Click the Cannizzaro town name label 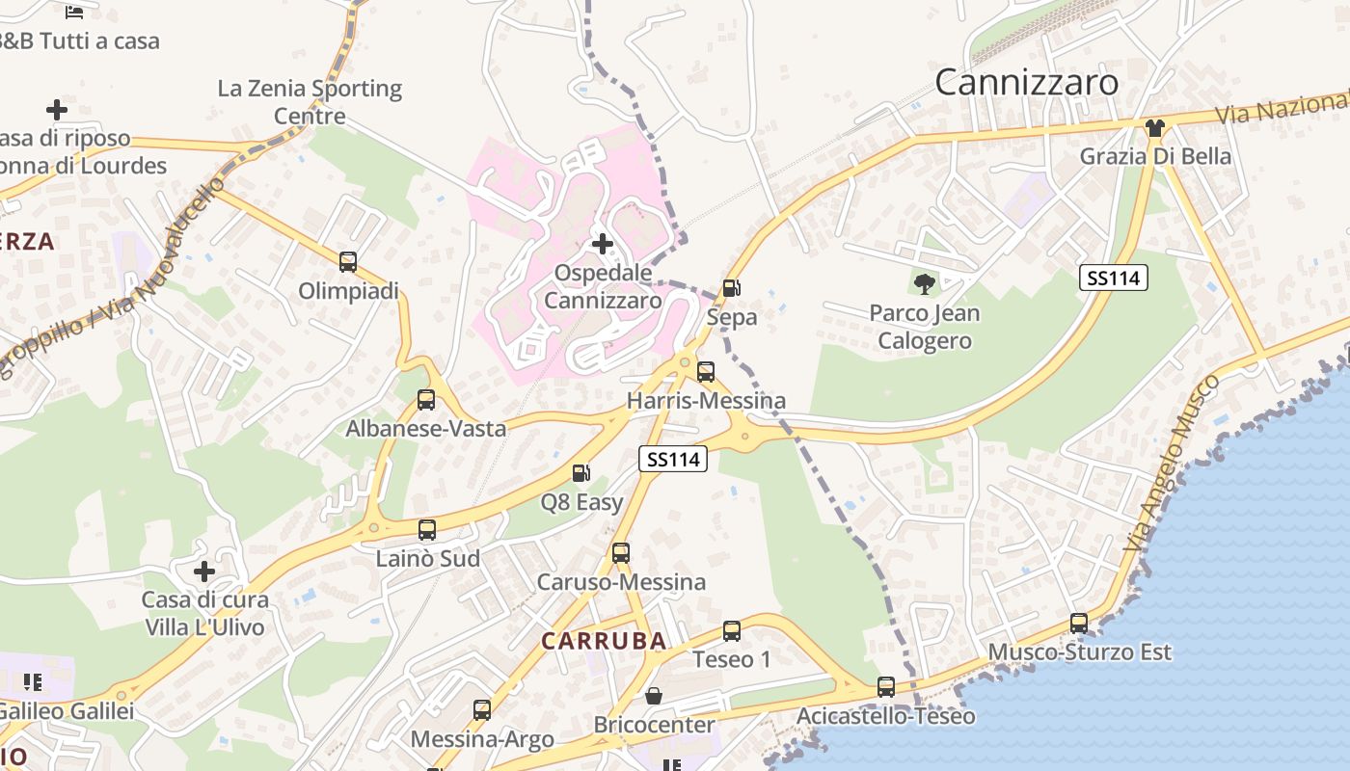pos(1026,82)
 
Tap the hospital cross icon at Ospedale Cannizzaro pos(603,244)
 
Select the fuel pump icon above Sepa pos(732,288)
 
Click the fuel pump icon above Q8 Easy pos(581,473)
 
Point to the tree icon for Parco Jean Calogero pos(925,283)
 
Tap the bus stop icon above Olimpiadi pos(348,261)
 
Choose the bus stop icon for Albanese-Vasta pos(426,400)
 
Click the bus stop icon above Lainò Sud pos(427,529)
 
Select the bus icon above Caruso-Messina pos(621,553)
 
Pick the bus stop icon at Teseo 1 pos(732,631)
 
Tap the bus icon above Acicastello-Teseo pos(886,687)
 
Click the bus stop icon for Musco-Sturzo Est pos(1079,624)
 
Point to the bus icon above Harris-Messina pos(706,371)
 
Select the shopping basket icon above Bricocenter pos(654,696)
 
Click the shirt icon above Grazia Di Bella pos(1154,127)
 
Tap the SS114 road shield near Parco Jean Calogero pos(1114,279)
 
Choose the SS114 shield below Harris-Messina pos(673,460)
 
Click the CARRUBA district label pos(604,641)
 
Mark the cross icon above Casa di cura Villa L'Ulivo pos(204,572)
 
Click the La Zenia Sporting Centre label pos(310,102)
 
